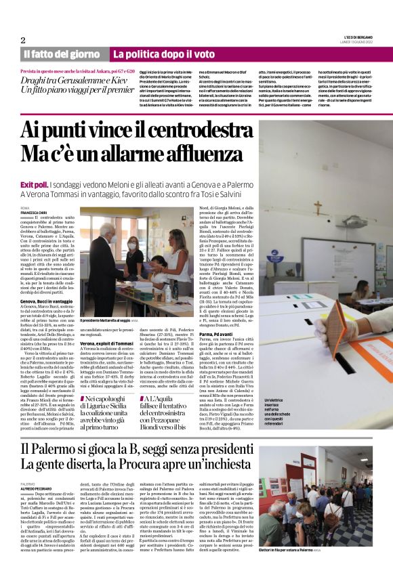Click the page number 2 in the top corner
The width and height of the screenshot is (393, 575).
pos(23,39)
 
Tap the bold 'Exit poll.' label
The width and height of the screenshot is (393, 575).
pos(34,184)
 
